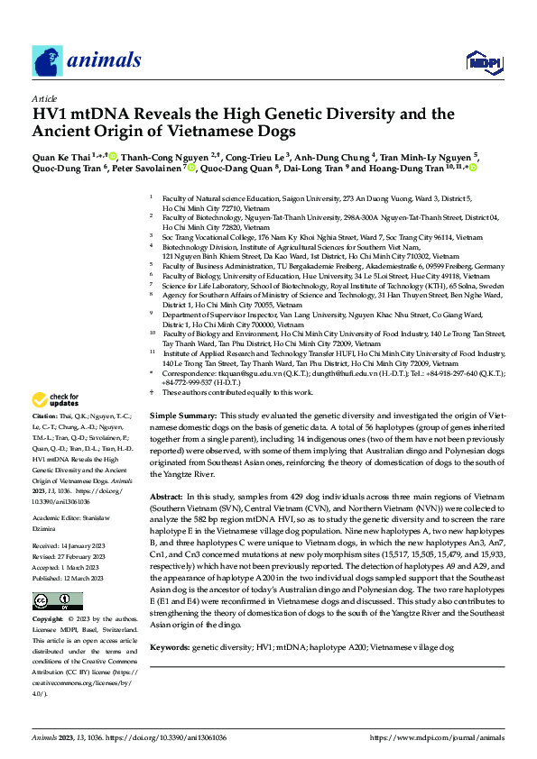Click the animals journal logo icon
tap(47, 60)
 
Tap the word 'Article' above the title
tap(44, 98)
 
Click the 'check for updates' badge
tap(56, 399)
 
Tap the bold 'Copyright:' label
tap(48, 620)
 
